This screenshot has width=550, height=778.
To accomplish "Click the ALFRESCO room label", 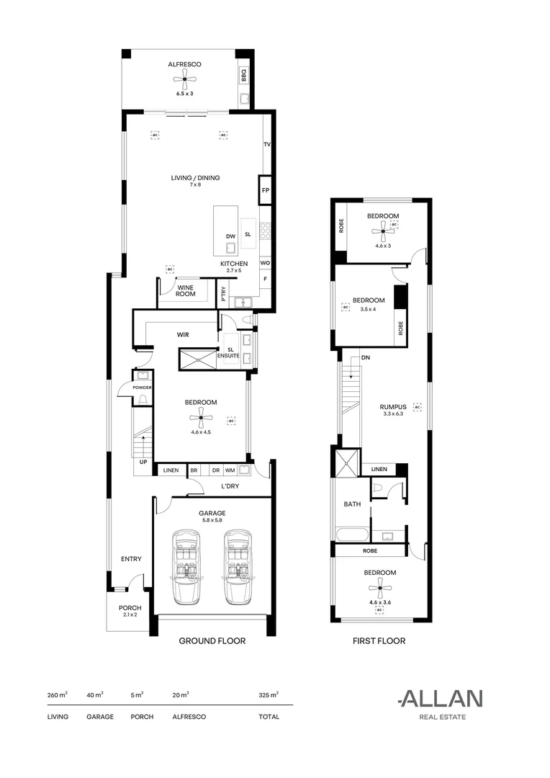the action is click(x=184, y=65).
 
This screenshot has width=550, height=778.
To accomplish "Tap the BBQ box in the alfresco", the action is click(x=243, y=76).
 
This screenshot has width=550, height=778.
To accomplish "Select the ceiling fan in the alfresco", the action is click(x=184, y=79).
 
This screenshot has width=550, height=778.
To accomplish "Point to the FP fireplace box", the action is click(x=266, y=190).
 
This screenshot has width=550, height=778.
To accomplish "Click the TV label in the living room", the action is click(x=267, y=145).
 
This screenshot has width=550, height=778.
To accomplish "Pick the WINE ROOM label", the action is click(x=186, y=291).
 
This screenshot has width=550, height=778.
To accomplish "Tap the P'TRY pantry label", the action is click(x=224, y=294).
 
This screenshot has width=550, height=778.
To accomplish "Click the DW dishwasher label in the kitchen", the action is click(x=230, y=237).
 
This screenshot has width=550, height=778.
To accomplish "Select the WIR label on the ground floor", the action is click(x=183, y=335).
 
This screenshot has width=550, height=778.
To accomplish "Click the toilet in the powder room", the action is click(x=143, y=399).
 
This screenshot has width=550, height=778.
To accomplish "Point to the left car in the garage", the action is click(x=186, y=567).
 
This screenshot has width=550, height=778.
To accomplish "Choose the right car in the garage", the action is click(x=237, y=567).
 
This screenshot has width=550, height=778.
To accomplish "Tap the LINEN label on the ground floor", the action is click(x=171, y=470).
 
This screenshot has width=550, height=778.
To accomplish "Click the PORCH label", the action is click(x=130, y=608).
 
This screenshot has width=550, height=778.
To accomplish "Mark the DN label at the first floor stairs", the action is click(x=366, y=358).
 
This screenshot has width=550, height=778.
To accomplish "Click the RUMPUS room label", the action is click(x=393, y=407).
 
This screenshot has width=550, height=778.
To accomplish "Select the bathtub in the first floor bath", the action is click(x=351, y=535).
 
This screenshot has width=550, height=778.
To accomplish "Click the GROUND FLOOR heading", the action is click(x=212, y=641).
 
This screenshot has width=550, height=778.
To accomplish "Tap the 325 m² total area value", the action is click(x=269, y=695).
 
